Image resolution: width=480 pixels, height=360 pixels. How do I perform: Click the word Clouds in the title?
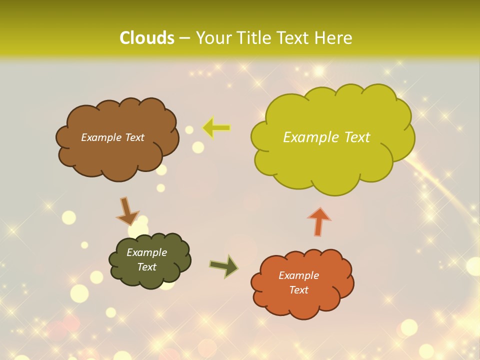[x=147, y=38]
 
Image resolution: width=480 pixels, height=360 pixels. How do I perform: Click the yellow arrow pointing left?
[x=216, y=128]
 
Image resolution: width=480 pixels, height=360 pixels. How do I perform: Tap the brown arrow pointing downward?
[x=127, y=211]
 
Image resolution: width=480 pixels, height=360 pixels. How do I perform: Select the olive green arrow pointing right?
[x=224, y=265]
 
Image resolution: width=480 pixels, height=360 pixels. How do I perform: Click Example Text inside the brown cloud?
[x=112, y=137]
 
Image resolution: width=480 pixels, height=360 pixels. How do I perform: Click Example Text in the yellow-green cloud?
[x=326, y=137]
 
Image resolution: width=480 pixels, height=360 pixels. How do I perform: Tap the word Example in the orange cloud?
[x=298, y=275]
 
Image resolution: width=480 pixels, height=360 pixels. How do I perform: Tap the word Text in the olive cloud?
[x=147, y=267]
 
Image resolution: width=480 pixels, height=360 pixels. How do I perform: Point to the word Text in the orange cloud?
[x=298, y=290]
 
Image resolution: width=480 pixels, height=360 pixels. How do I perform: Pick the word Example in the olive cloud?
[x=147, y=252]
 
